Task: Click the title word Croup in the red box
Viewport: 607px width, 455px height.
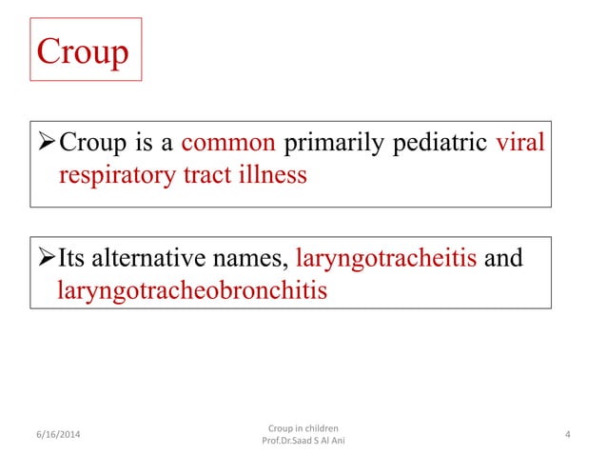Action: (x=82, y=51)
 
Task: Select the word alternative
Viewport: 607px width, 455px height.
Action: (x=150, y=259)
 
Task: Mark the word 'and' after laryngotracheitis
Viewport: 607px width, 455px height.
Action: (x=504, y=259)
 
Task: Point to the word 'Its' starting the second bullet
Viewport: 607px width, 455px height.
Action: (x=74, y=259)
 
